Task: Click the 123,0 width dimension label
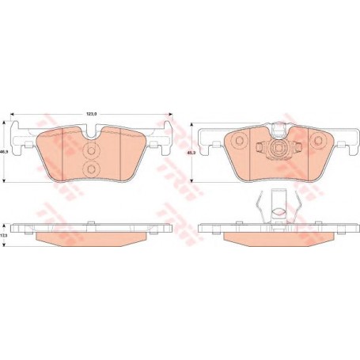pyautogui.click(x=92, y=116)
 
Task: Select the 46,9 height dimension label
pyautogui.click(x=5, y=153)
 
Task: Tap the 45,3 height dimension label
pyautogui.click(x=188, y=154)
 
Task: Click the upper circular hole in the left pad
pyautogui.click(x=90, y=150)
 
